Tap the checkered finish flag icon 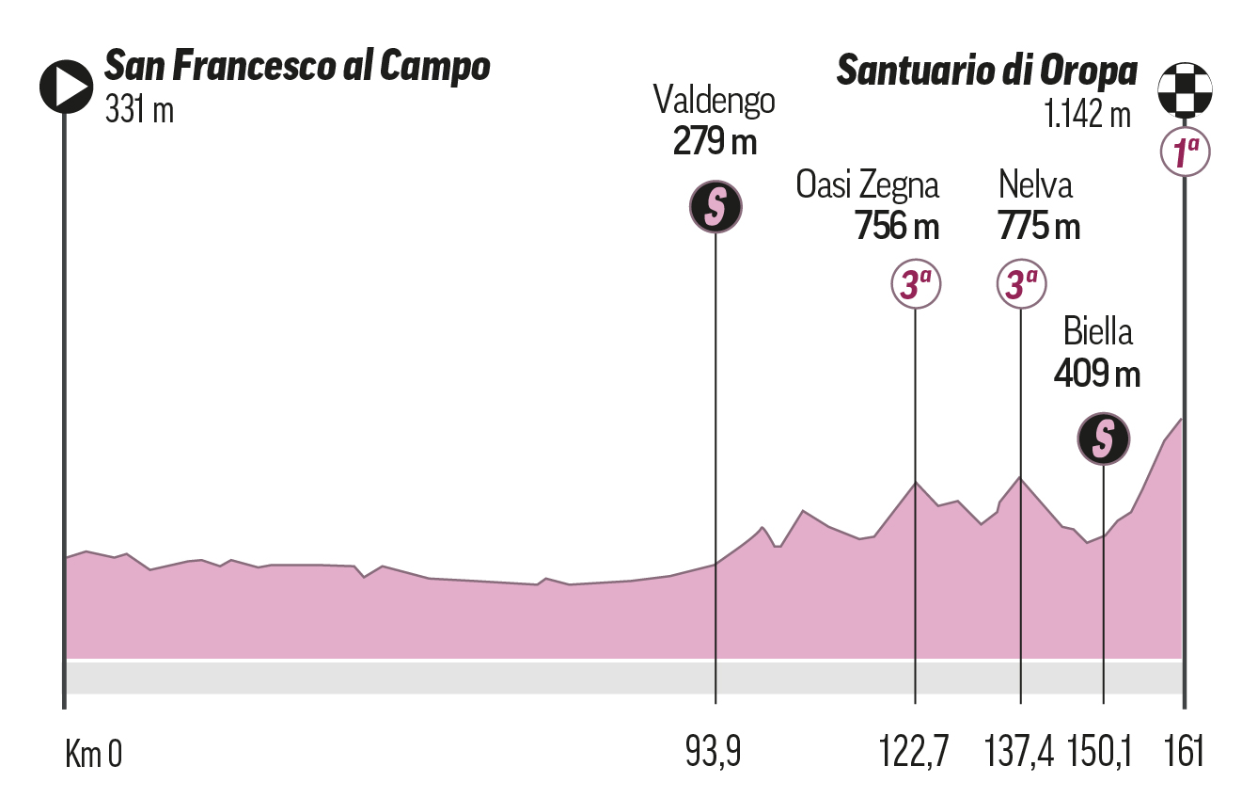click(x=1184, y=88)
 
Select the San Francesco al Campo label click(x=297, y=68)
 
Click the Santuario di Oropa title click(x=986, y=71)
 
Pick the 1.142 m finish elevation click(x=1086, y=115)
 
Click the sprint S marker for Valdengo click(x=715, y=206)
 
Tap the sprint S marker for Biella click(x=1103, y=438)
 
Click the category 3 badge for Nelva click(x=1021, y=283)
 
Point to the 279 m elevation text click(x=715, y=142)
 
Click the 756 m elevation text click(x=897, y=227)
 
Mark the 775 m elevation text click(x=1038, y=227)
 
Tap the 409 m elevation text click(x=1096, y=375)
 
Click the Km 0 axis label click(x=93, y=754)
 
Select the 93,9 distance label click(x=715, y=754)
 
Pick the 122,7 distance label click(x=914, y=754)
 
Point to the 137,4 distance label click(x=1020, y=754)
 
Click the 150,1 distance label click(x=1102, y=754)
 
